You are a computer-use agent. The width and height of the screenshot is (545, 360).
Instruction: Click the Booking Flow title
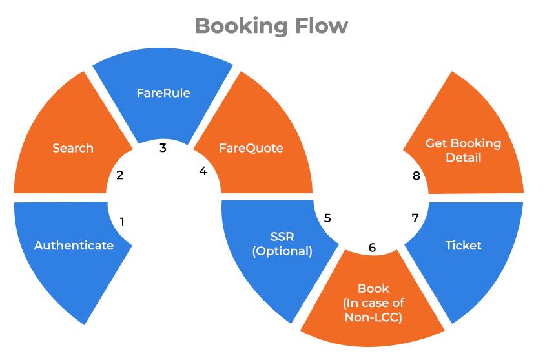click(271, 26)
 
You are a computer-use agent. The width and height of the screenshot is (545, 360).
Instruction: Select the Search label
click(73, 148)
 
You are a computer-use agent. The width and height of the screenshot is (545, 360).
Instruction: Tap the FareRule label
click(163, 93)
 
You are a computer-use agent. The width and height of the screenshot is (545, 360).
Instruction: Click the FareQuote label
click(251, 148)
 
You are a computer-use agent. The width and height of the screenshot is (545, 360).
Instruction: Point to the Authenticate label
click(74, 246)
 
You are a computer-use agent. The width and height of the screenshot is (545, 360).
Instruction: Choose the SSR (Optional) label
click(282, 244)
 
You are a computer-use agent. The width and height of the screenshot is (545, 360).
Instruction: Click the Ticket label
click(464, 246)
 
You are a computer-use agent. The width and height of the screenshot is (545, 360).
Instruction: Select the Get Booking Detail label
click(463, 150)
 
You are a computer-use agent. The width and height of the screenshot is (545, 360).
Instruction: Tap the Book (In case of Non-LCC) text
click(373, 302)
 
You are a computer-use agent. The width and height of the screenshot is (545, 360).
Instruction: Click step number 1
click(122, 222)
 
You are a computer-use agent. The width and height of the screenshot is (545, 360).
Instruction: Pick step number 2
click(120, 175)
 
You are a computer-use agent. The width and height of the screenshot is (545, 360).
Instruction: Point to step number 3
click(163, 148)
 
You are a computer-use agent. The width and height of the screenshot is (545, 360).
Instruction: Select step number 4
click(203, 171)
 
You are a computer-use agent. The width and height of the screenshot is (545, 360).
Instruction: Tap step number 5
click(327, 218)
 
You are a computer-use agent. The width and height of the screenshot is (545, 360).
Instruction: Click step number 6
click(372, 248)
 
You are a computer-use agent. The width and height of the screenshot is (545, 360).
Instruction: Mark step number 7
click(415, 218)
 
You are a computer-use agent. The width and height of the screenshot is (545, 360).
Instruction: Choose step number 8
click(416, 176)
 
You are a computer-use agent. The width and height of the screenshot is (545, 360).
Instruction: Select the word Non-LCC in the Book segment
click(373, 317)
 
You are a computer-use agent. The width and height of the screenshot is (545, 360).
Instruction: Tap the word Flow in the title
click(322, 26)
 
